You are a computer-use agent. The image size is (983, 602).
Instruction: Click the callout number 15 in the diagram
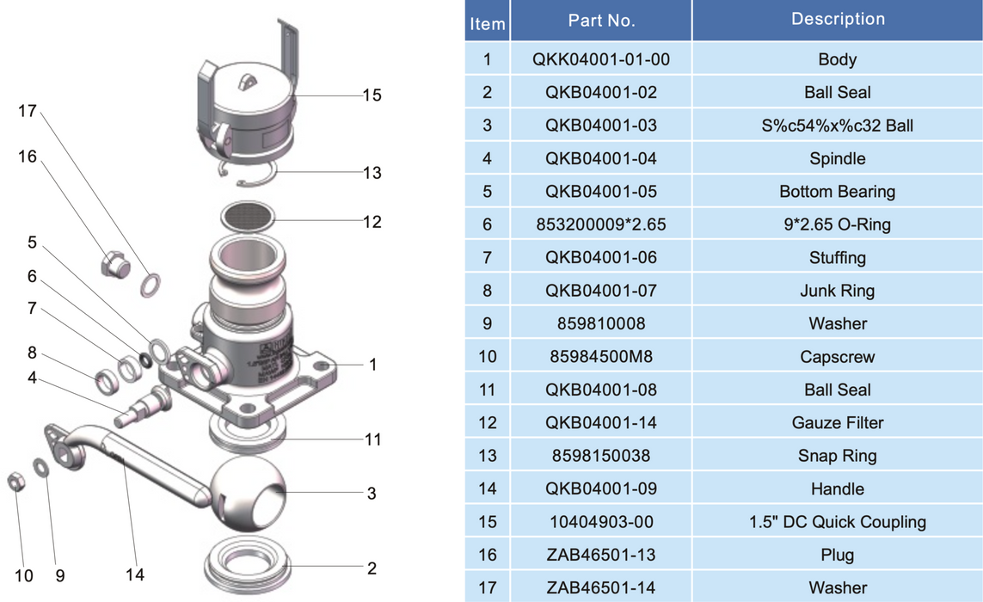[x=372, y=95]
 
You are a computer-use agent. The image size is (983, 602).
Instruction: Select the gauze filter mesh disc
[x=249, y=216]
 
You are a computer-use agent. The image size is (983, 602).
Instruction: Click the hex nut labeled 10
[x=16, y=482]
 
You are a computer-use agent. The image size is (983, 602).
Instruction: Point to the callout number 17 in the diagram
[x=27, y=111]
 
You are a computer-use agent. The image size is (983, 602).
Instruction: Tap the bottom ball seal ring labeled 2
[x=248, y=562]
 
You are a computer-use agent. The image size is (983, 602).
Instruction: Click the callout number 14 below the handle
[x=134, y=574]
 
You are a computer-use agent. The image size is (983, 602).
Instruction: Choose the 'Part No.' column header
[x=601, y=20]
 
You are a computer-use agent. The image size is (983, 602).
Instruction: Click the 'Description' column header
[x=837, y=19]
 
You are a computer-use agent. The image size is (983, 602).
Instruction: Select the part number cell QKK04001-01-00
[x=601, y=59]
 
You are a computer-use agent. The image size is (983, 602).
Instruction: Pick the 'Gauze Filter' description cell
[x=837, y=422]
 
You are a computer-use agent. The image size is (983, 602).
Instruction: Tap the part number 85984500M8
[x=601, y=356]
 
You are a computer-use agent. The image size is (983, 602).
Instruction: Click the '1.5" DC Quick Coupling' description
[x=837, y=522]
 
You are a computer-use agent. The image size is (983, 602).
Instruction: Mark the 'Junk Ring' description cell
[x=837, y=291]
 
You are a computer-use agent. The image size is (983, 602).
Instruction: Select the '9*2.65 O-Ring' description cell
[x=837, y=224]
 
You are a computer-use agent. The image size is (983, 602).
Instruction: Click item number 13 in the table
[x=487, y=456]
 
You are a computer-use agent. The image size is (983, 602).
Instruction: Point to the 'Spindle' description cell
[x=837, y=158]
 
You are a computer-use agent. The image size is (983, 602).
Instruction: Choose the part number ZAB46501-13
[x=601, y=555]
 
